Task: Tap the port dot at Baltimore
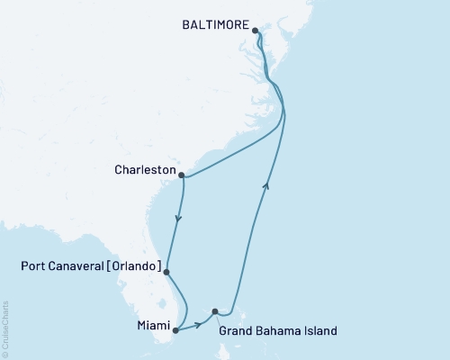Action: pos(256,31)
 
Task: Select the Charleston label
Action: pos(145,168)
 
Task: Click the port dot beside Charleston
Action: pos(182,175)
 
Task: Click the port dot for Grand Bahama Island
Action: pos(214,311)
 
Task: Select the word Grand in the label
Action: pos(238,331)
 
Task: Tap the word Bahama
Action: pos(280,331)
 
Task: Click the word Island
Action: pos(321,331)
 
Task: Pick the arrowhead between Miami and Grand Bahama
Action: pos(197,322)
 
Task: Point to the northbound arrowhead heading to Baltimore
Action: pos(265,184)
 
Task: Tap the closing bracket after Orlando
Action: pos(161,267)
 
